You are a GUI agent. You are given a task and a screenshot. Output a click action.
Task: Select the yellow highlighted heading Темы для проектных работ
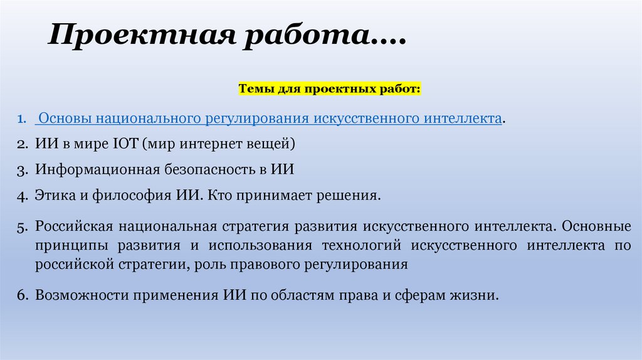tap(330, 90)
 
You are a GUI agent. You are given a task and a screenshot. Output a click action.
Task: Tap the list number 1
tap(21, 119)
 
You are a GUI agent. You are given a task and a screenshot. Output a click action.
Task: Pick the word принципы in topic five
tap(65, 245)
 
